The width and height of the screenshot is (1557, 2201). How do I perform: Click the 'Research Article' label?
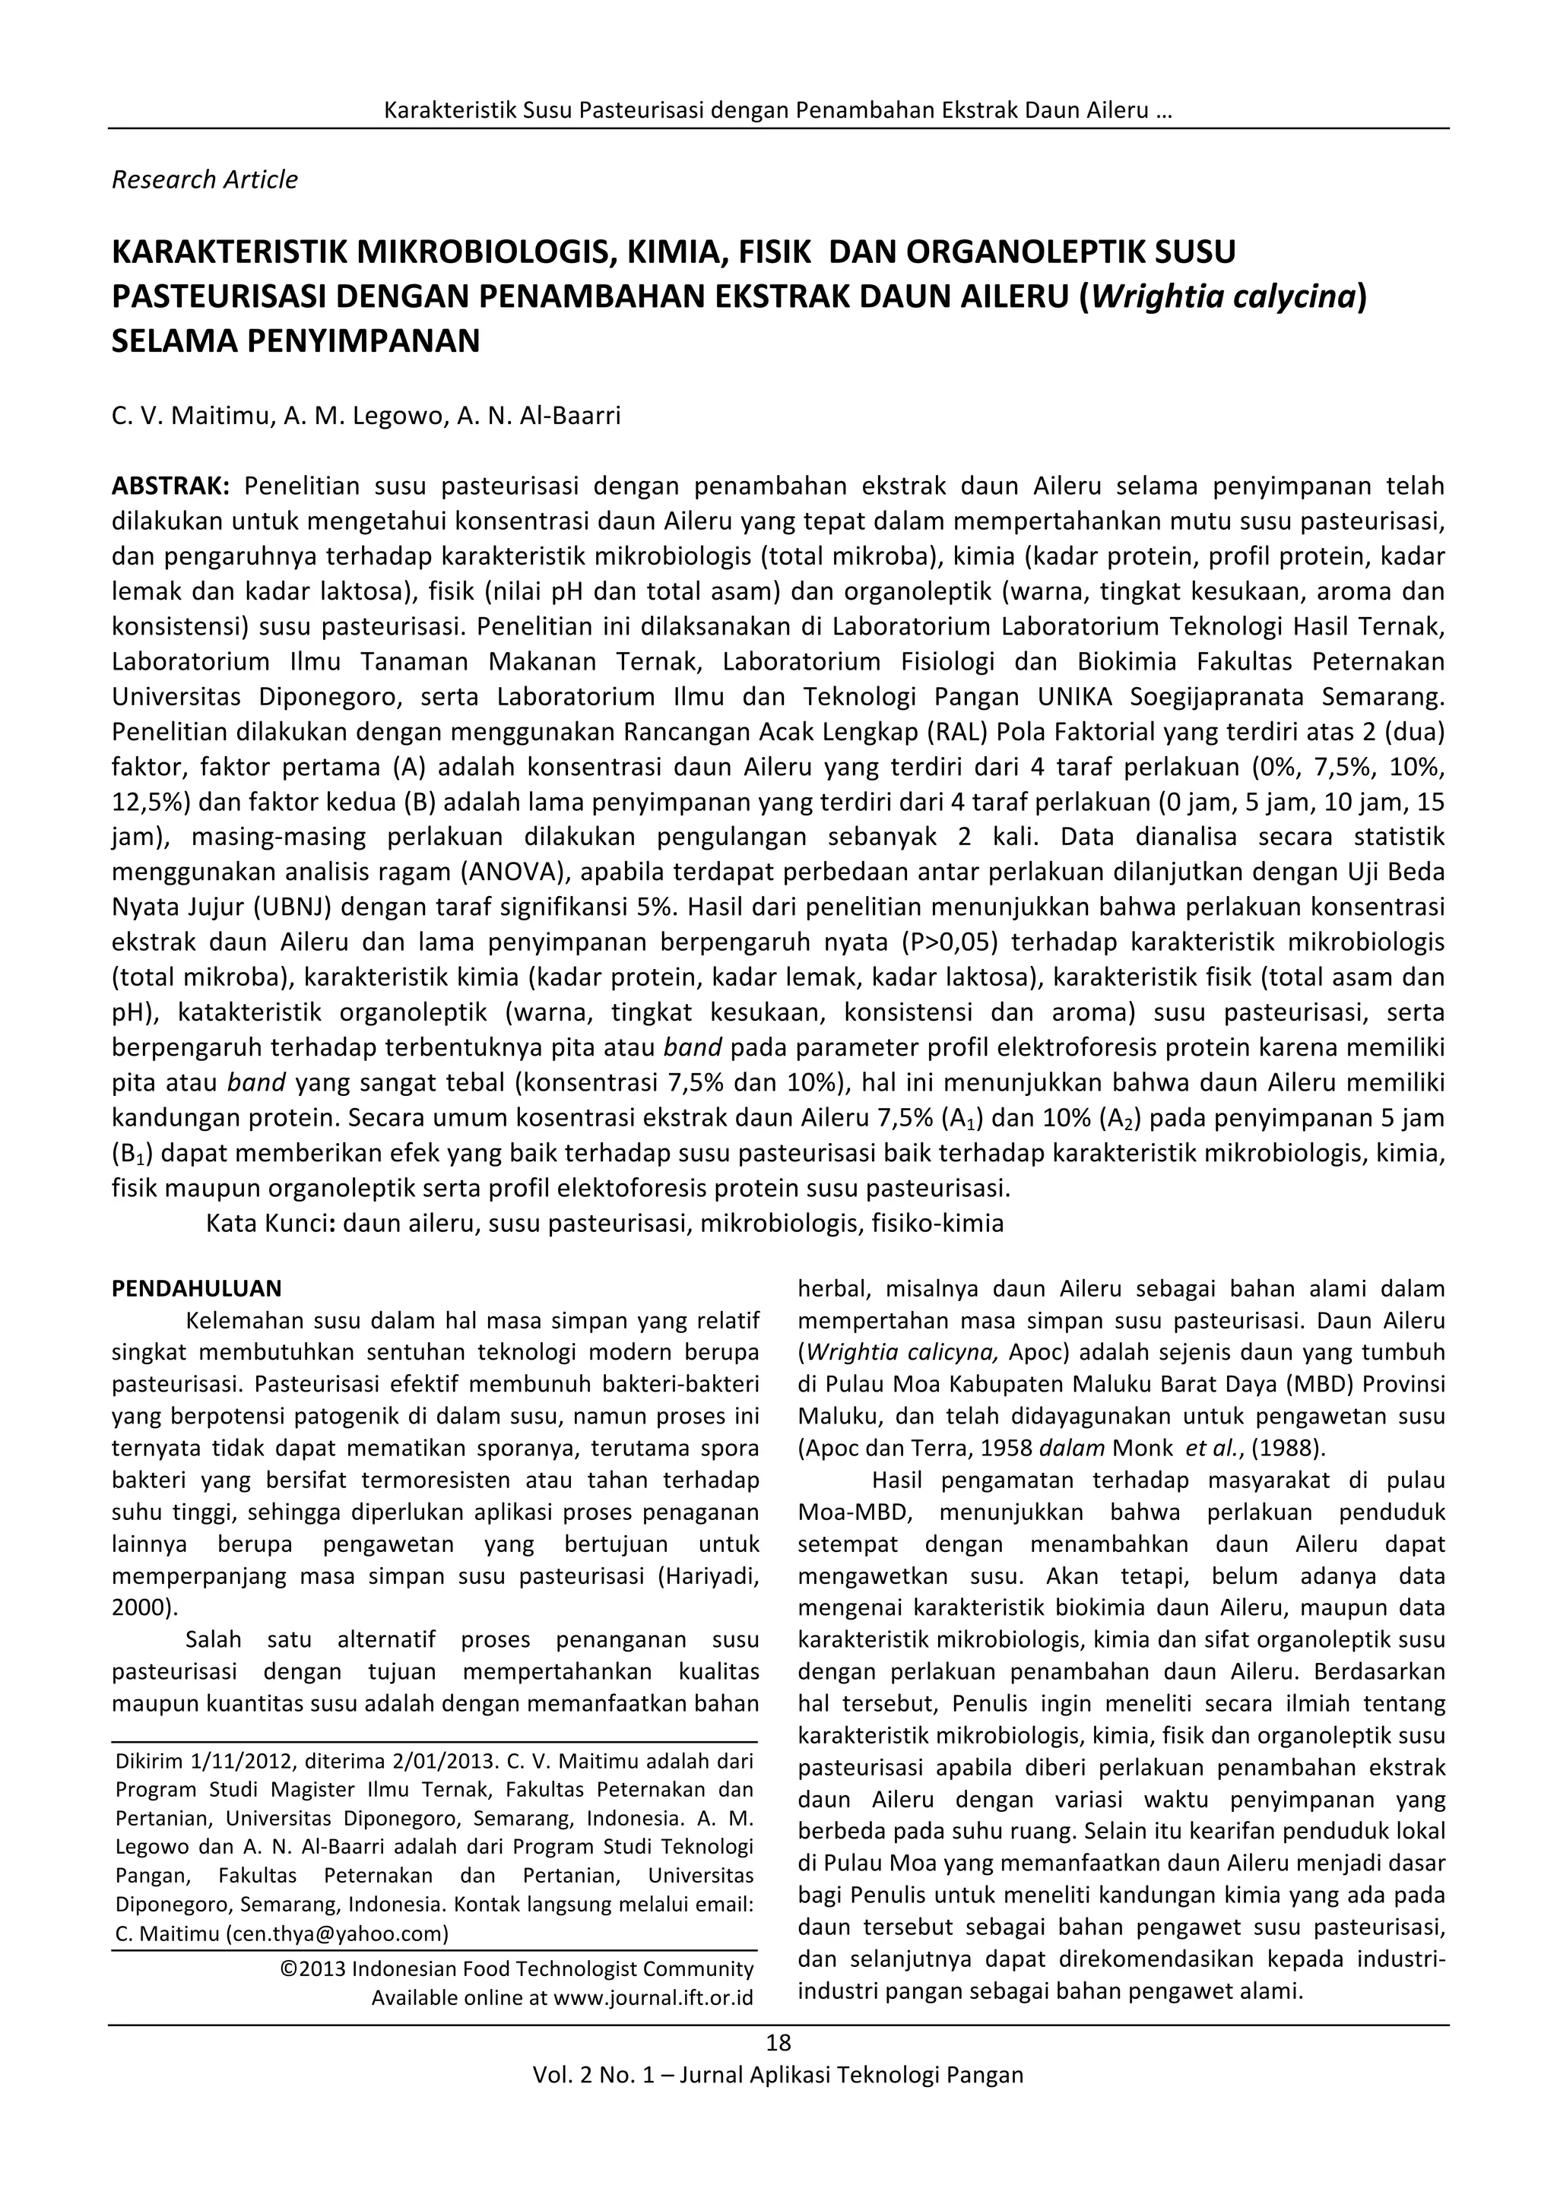click(x=205, y=179)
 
